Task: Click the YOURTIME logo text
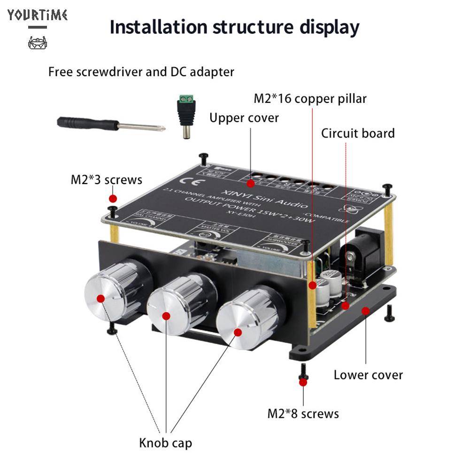pos(38,15)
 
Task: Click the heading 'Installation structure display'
pos(234,27)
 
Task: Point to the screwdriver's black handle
pos(87,124)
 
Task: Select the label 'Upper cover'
pos(244,117)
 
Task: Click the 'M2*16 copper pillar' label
pos(310,99)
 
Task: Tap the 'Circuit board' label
pos(358,133)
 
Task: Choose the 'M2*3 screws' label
pos(106,180)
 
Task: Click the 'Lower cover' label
pos(368,375)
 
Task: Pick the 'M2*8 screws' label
pos(303,413)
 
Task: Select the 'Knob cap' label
pos(165,442)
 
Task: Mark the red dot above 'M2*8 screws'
pos(303,382)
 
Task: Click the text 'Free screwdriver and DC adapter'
pos(141,72)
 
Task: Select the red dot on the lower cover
pos(364,310)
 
